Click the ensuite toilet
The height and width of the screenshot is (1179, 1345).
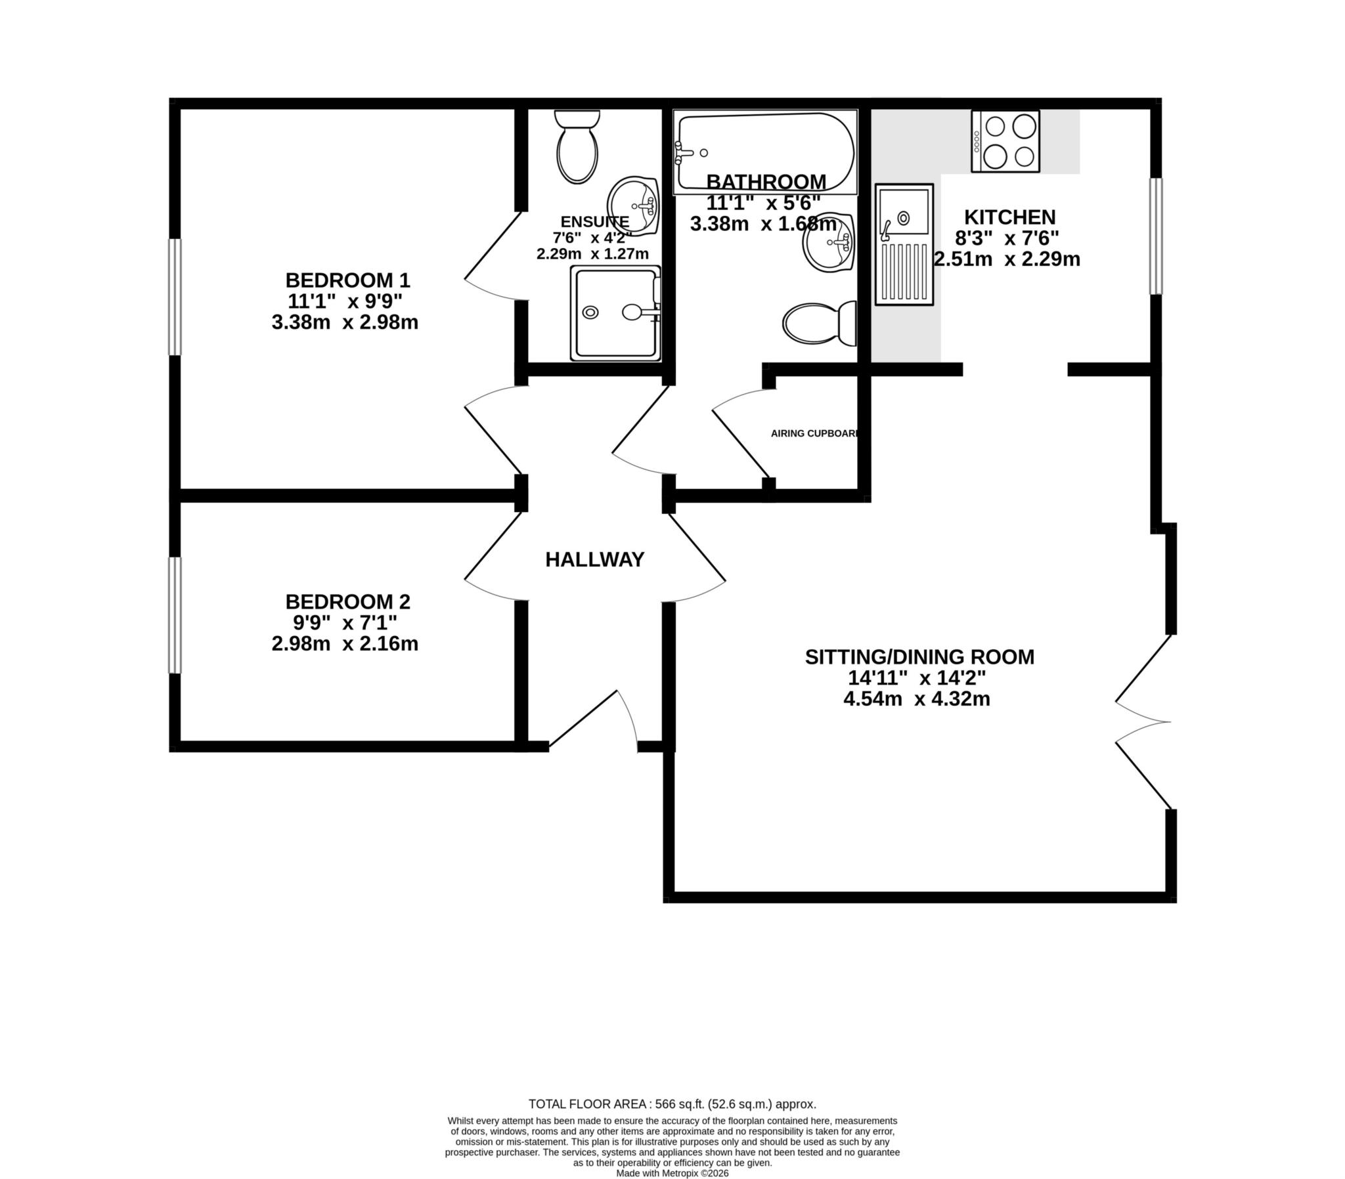pos(577,148)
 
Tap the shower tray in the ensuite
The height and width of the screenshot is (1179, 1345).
pos(615,313)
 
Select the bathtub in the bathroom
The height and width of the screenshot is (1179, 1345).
pos(765,152)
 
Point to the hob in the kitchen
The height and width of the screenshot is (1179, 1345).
pos(1005,141)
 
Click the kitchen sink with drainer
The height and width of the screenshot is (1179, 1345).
pos(904,244)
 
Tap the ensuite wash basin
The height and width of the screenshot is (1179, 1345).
pos(633,205)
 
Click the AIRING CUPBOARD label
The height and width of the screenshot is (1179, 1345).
pos(814,433)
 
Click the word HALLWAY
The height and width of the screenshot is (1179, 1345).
pos(594,560)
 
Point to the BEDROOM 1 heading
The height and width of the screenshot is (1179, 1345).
pos(347,280)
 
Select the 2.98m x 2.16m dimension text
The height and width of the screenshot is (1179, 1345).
pos(345,643)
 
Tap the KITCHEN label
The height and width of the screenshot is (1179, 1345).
pos(1009,217)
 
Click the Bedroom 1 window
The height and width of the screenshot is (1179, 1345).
pos(175,297)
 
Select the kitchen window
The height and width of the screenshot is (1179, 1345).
pos(1156,236)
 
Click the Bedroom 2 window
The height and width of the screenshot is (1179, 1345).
pos(175,615)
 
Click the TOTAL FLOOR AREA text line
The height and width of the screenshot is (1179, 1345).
pos(672,1105)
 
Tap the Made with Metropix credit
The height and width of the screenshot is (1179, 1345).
pos(672,1172)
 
